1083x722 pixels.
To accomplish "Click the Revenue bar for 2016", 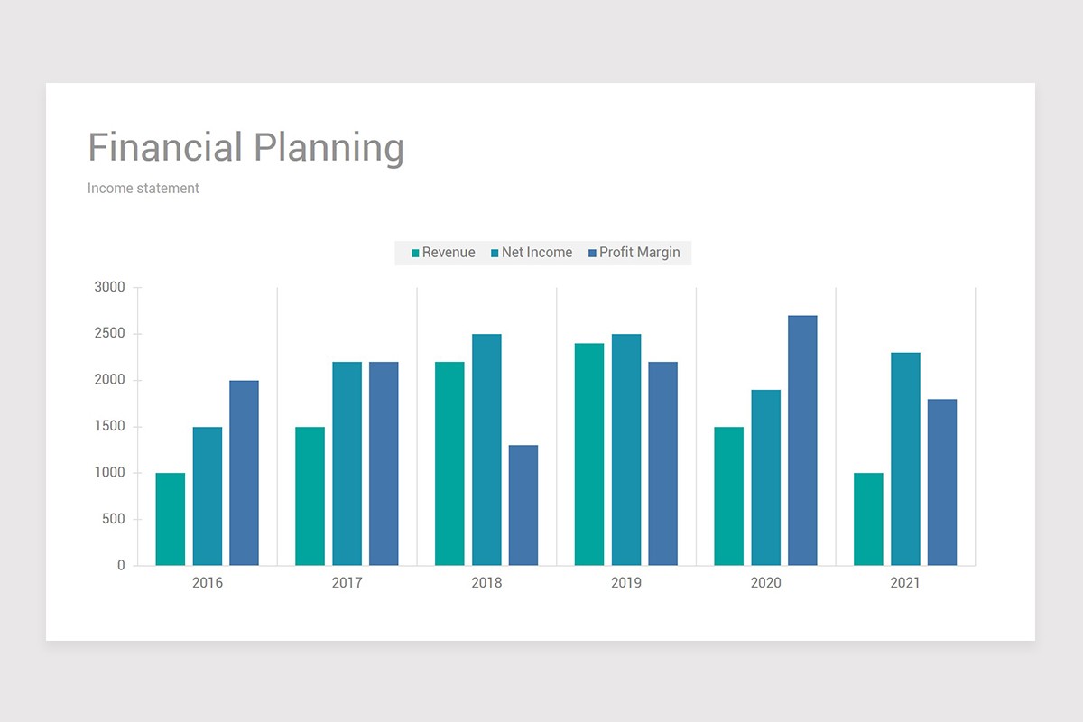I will tap(171, 519).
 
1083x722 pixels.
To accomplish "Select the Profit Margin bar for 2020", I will tap(802, 440).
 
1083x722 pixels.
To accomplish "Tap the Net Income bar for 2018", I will tap(486, 449).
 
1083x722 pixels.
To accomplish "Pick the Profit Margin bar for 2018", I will tap(523, 505).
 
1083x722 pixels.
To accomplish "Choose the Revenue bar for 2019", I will tap(589, 454).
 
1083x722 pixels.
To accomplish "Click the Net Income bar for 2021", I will tap(905, 458).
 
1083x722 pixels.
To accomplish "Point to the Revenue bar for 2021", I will tap(868, 519).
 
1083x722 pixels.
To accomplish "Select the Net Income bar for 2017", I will tap(347, 464).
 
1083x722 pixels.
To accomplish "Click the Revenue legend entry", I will tap(443, 253).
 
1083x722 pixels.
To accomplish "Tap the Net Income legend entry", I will tap(532, 253).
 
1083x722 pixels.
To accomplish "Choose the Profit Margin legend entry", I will tap(634, 253).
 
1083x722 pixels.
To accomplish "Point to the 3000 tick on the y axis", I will tap(109, 288).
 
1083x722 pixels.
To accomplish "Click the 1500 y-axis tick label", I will tap(109, 427).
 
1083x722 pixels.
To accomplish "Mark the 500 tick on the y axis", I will tap(114, 520).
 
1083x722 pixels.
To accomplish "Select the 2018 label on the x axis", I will tap(486, 583).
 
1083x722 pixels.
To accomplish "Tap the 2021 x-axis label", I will tap(905, 583).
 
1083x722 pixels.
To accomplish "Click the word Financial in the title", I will tap(165, 148).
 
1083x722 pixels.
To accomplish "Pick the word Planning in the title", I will tap(329, 148).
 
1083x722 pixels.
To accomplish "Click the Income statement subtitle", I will tap(143, 189).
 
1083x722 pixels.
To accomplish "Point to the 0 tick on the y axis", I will tap(121, 566).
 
